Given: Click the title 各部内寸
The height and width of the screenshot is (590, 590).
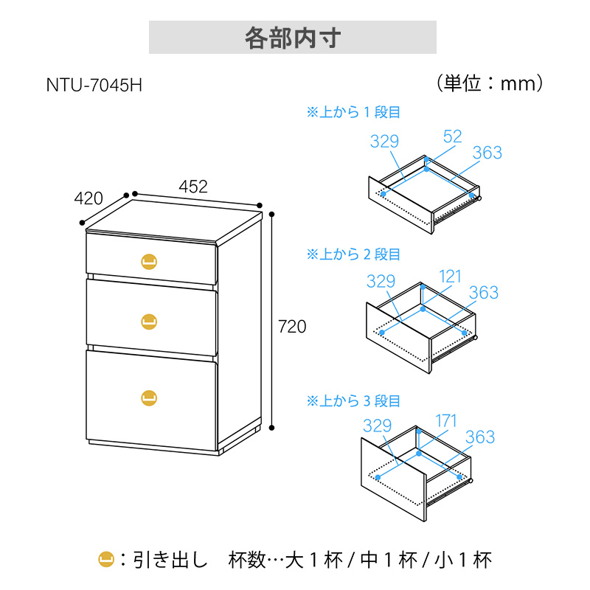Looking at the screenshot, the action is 293,38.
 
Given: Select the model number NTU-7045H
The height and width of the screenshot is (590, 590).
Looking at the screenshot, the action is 94,85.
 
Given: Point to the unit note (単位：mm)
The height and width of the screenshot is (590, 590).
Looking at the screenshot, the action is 490,83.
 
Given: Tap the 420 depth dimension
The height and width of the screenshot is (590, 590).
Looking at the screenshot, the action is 88,198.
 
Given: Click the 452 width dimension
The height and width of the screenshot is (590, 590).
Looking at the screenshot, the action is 193,187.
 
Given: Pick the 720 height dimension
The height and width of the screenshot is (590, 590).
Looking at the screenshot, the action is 292,327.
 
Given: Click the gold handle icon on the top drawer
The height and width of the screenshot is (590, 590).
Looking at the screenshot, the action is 149,262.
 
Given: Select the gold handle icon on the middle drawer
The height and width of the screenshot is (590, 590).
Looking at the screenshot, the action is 149,322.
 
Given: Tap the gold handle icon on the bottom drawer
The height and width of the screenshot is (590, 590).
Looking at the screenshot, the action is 149,398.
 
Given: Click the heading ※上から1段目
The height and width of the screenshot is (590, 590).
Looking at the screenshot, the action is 353,112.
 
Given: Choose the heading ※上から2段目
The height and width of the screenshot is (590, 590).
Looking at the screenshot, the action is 353,254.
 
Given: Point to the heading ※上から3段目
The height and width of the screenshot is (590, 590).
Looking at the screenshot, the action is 353,400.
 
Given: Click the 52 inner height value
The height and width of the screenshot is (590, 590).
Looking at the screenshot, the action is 452,136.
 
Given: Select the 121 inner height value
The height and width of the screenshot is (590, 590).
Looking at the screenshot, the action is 450,277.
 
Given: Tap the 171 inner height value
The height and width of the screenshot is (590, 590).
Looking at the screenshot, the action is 446,420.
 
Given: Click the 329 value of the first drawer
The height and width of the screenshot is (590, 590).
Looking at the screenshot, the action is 384,141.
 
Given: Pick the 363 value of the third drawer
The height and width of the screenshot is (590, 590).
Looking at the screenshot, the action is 480,437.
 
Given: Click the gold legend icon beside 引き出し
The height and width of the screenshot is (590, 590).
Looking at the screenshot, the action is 106,560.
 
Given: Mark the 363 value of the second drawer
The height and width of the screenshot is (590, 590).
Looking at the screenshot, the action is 484,292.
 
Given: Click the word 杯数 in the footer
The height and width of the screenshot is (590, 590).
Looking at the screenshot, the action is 247,560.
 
